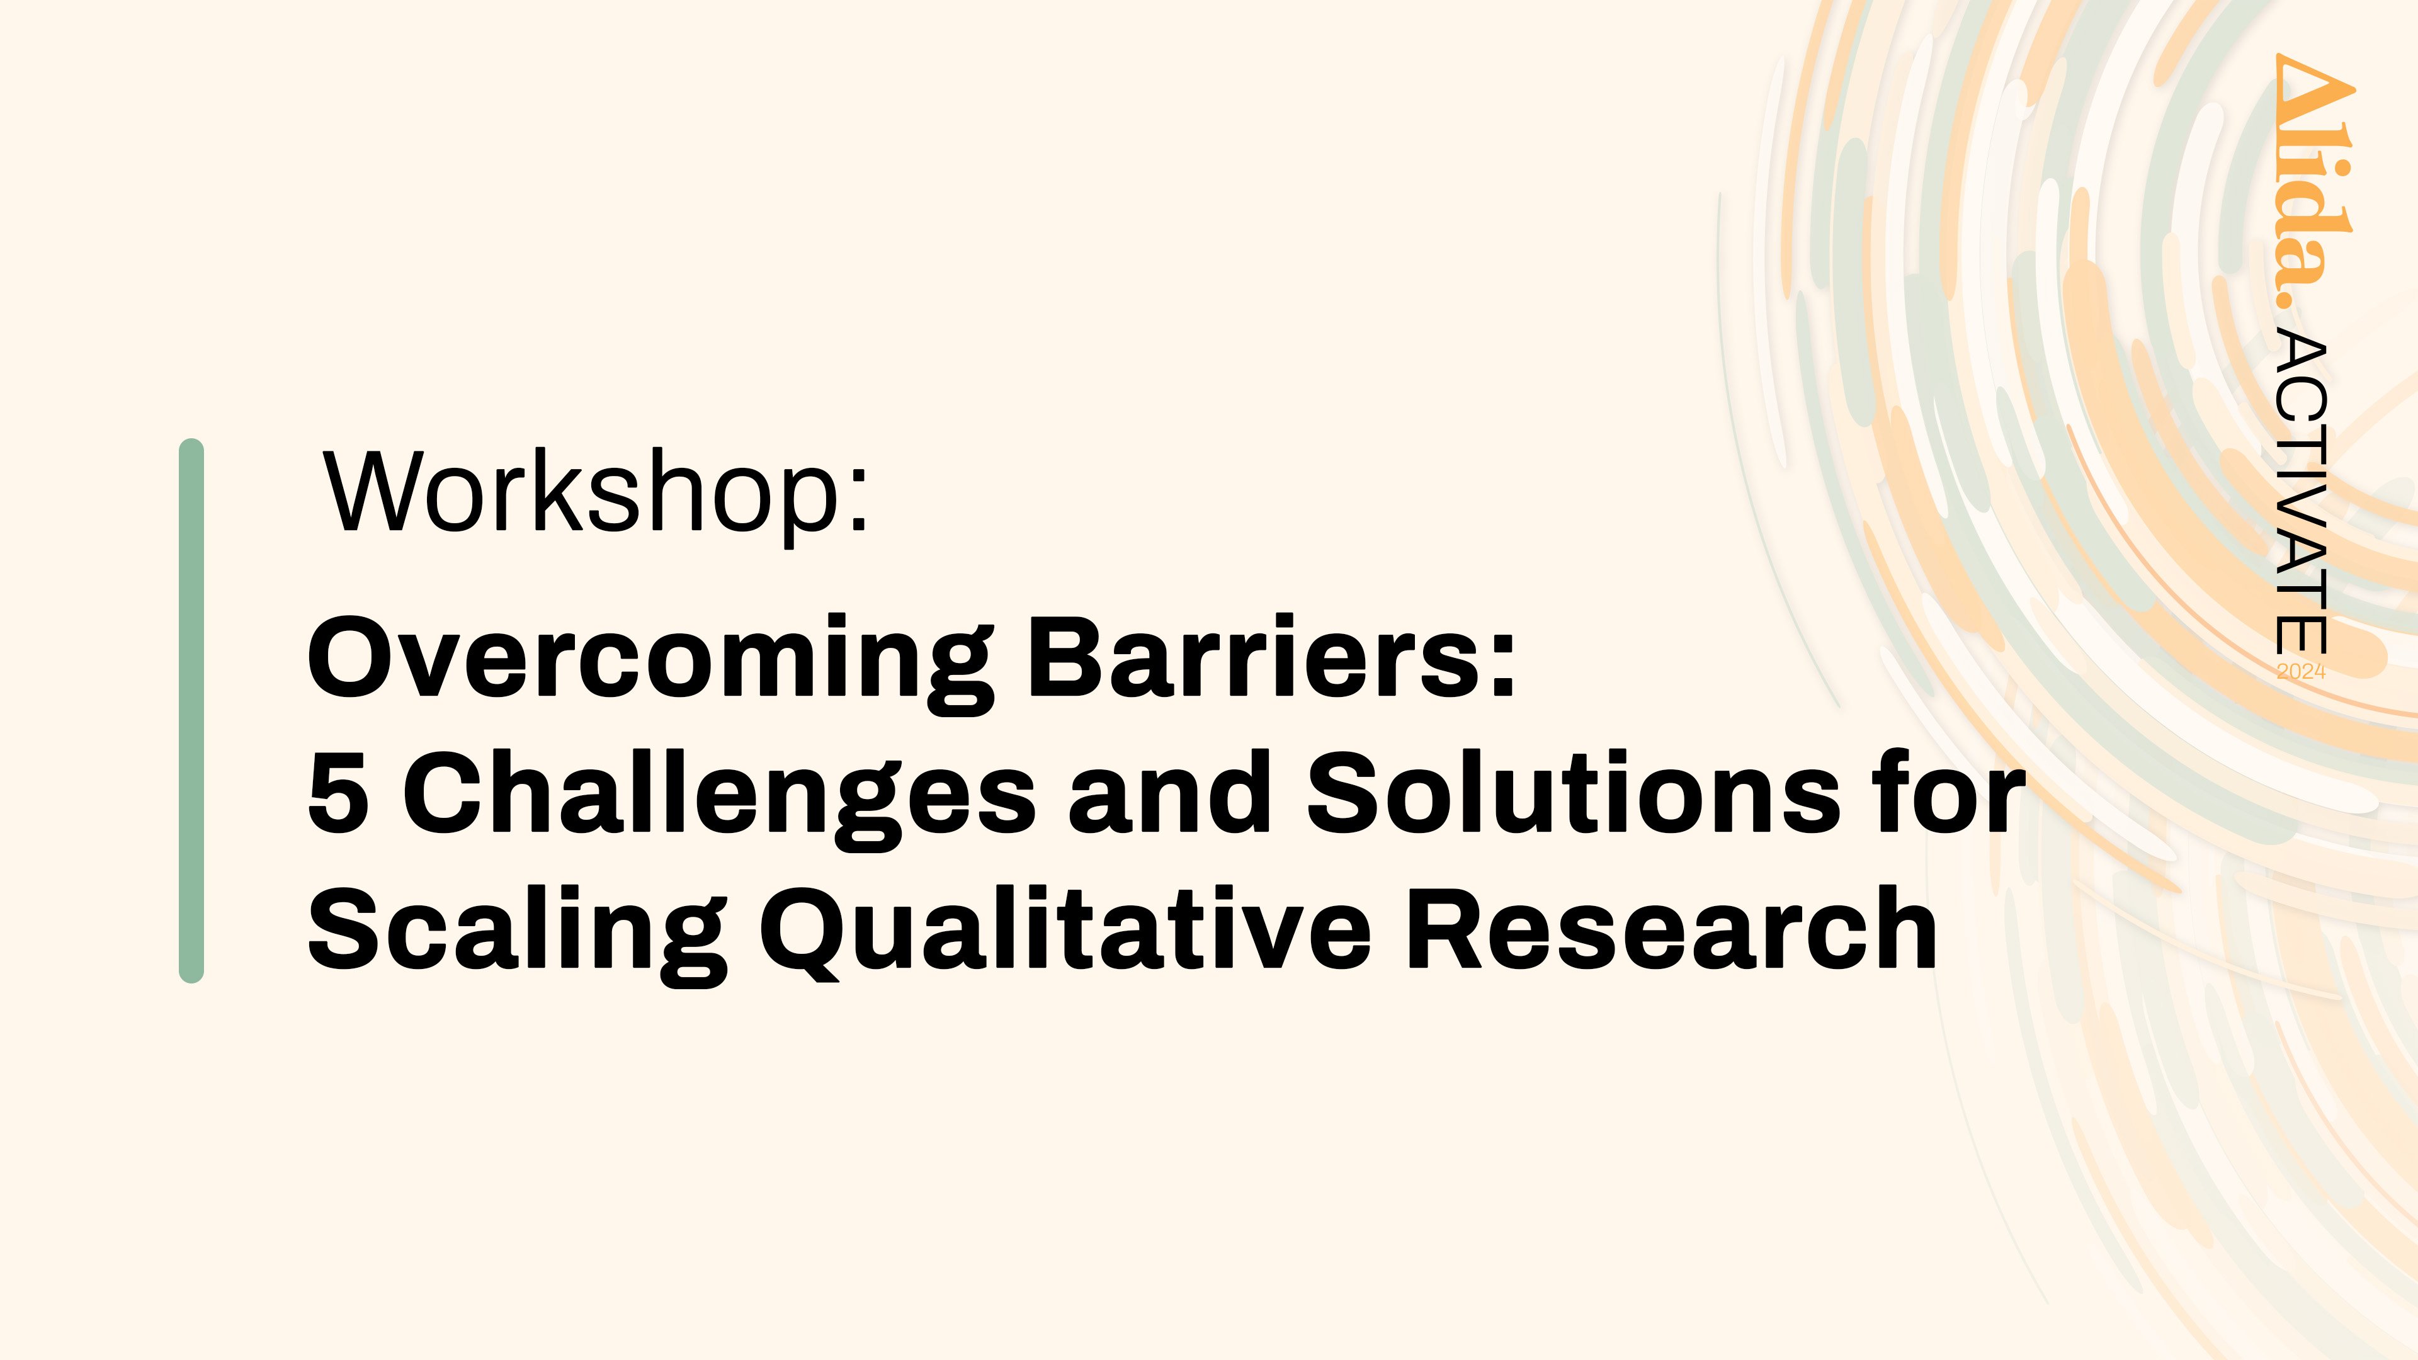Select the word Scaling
[x=517, y=934]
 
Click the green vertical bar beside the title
[x=191, y=710]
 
